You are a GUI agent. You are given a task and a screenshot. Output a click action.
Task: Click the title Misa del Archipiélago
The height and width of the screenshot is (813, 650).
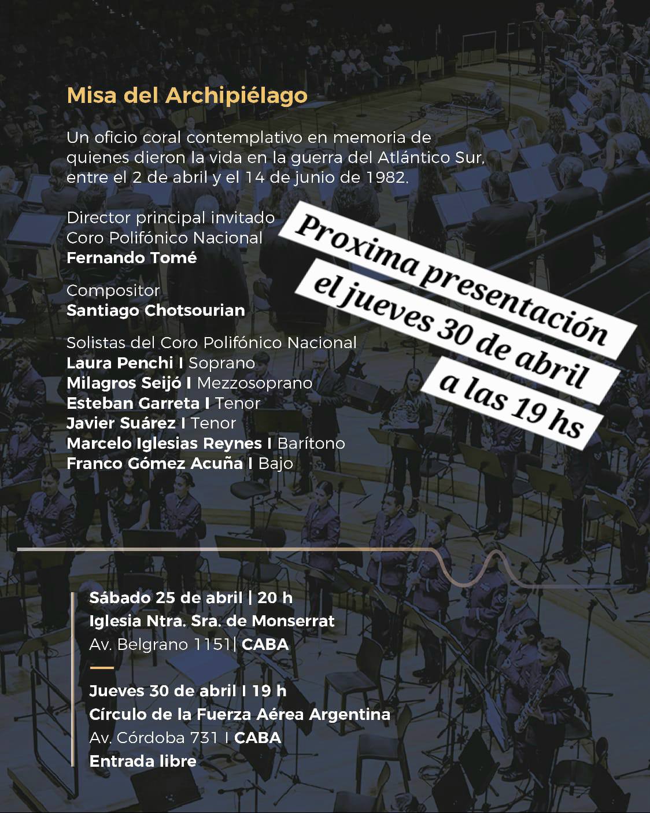(x=187, y=95)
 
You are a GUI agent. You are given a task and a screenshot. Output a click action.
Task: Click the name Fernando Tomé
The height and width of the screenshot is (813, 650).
(x=131, y=258)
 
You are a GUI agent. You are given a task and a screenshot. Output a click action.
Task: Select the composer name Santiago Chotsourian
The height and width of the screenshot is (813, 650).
(x=156, y=311)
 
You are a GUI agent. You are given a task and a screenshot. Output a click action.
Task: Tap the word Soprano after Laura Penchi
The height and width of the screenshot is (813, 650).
(x=221, y=363)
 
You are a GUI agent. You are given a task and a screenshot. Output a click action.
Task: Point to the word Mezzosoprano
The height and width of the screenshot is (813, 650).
(x=254, y=383)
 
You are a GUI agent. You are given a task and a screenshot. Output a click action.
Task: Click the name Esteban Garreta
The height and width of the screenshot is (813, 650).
(x=133, y=403)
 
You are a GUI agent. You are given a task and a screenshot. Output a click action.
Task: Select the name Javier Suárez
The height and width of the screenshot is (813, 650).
(x=121, y=423)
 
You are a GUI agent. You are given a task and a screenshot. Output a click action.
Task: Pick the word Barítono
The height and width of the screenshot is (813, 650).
(x=311, y=444)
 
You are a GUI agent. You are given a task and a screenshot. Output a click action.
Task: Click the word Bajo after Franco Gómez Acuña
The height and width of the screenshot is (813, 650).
(x=275, y=464)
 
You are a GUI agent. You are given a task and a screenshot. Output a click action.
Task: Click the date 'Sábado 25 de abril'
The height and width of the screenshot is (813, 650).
(x=165, y=598)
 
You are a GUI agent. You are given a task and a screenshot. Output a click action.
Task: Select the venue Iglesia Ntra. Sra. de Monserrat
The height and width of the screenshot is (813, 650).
(x=212, y=621)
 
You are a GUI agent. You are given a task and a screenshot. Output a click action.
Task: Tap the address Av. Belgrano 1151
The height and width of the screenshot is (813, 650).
(x=160, y=645)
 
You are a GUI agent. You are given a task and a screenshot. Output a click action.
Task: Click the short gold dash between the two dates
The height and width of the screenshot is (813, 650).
(x=102, y=668)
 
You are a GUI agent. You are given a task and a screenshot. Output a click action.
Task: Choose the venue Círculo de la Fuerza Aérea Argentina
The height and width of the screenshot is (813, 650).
(x=239, y=715)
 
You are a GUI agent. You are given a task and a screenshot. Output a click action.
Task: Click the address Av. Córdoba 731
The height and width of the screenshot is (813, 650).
(x=153, y=738)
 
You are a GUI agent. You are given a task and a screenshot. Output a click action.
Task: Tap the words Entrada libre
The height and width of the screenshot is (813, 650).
(x=143, y=762)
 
